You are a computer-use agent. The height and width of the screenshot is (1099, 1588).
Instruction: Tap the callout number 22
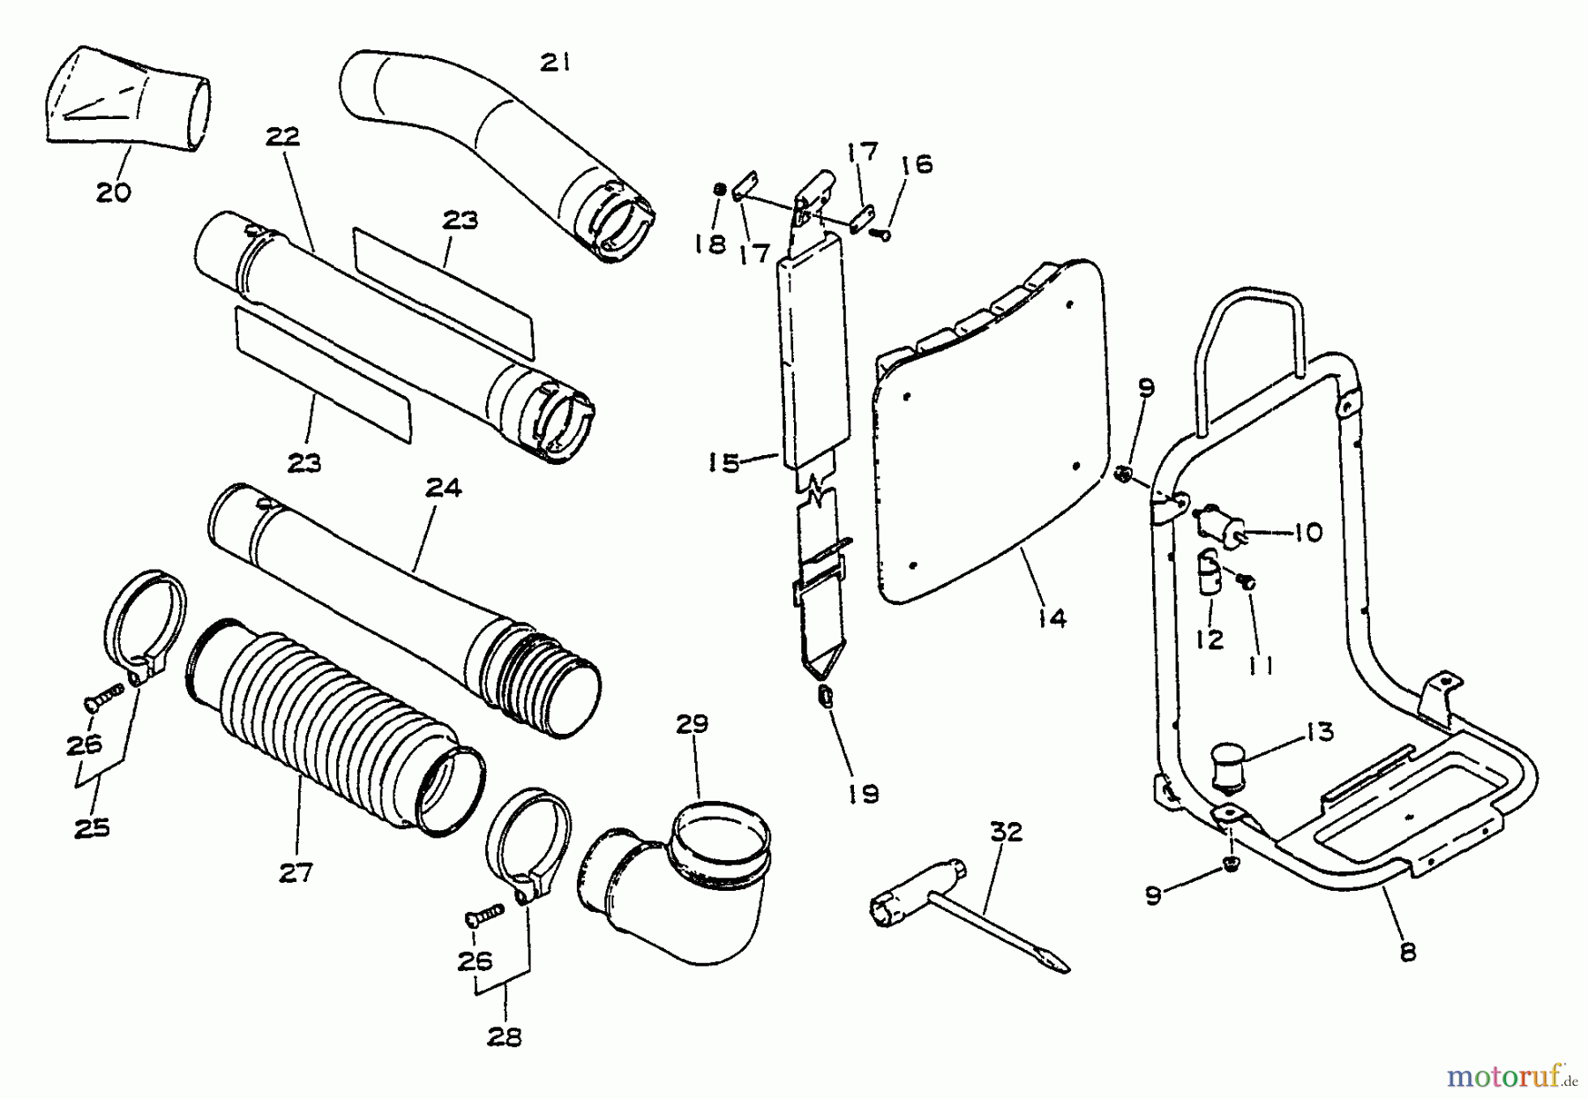click(282, 137)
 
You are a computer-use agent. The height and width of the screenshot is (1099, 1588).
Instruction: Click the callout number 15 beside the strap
click(723, 462)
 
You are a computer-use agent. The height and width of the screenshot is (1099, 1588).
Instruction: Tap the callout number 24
click(444, 487)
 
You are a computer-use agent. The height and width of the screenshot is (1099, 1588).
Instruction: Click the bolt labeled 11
click(1247, 580)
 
